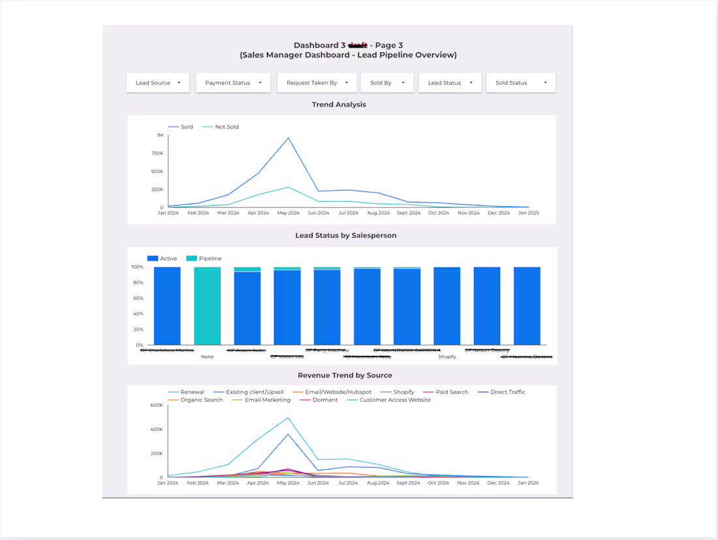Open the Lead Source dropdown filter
[x=157, y=83]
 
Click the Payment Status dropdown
[x=232, y=83]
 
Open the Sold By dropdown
[x=387, y=83]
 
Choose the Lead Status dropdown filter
[x=450, y=83]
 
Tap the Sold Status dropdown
[x=520, y=83]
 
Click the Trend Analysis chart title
[x=339, y=104]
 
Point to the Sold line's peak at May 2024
[x=289, y=138]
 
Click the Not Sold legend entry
[x=226, y=127]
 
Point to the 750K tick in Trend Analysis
[x=157, y=153]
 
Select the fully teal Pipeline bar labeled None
[x=207, y=306]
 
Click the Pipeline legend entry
[x=210, y=259]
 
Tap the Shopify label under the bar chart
[x=447, y=357]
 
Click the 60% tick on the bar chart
[x=138, y=298]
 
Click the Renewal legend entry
[x=192, y=392]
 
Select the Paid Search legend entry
[x=452, y=392]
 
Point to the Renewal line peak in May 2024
[x=289, y=418]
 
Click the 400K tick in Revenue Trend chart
[x=156, y=429]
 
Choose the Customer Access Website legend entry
[x=395, y=400]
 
